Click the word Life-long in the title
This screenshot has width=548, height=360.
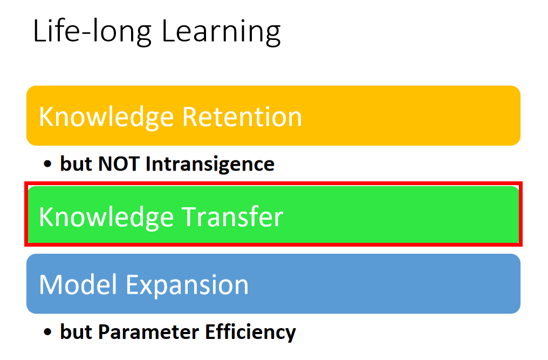coord(92,32)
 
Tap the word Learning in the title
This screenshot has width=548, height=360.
coord(221,32)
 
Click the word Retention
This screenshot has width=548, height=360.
coord(242,117)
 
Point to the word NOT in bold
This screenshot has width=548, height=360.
coord(119,164)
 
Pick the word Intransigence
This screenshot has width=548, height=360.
coord(210,165)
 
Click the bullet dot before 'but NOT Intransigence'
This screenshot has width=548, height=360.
coord(47,164)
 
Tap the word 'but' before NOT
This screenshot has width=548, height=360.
coord(76,164)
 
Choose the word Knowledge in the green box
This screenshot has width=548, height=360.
coord(106,218)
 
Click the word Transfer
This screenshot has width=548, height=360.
coord(232,216)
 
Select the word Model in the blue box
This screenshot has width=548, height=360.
coord(78,284)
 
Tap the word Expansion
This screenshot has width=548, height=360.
coord(187,286)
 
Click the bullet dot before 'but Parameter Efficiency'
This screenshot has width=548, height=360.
coord(47,332)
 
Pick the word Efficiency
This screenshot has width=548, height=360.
coord(250,332)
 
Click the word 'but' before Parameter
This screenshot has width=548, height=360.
coord(76,331)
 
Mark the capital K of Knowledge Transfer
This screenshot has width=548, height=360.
coord(46,217)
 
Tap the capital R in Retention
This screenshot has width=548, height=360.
coord(190,117)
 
